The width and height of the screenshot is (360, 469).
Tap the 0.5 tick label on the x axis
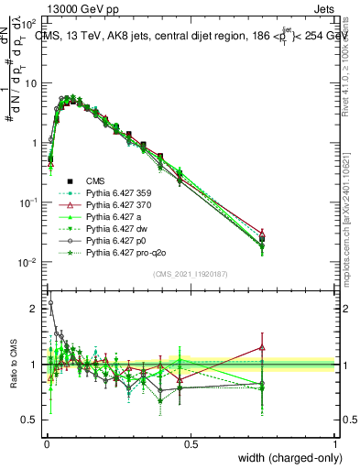pyautogui.click(x=191, y=444)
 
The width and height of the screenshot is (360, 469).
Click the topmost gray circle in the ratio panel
pyautogui.click(x=50, y=303)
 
